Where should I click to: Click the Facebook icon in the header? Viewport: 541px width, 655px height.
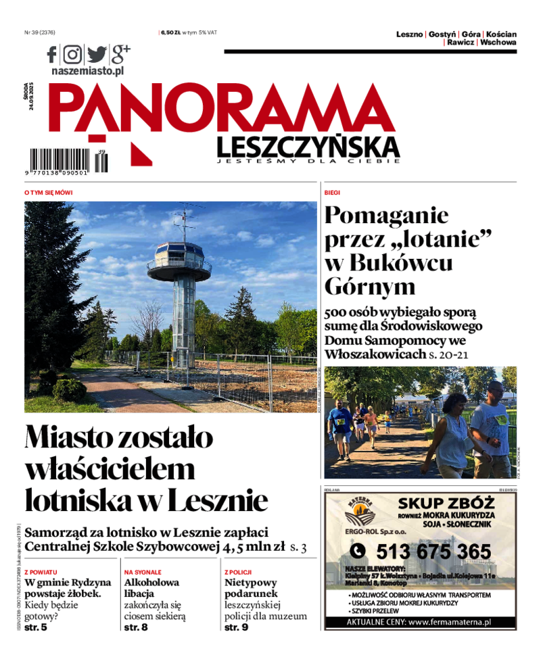[x=52, y=54]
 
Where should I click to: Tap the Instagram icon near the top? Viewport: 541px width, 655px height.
[x=72, y=54]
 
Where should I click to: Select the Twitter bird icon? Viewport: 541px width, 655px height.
[x=96, y=54]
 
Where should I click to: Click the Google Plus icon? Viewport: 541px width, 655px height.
[x=120, y=53]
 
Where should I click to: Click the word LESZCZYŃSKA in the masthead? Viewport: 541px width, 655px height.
[x=308, y=146]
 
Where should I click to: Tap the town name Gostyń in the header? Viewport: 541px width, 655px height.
[x=442, y=34]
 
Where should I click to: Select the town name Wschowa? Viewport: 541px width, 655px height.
[x=498, y=42]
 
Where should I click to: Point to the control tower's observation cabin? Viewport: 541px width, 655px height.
[x=179, y=257]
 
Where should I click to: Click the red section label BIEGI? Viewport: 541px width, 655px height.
[x=331, y=193]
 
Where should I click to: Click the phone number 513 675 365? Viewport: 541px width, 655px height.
[x=433, y=551]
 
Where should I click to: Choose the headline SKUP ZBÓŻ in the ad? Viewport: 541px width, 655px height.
[x=446, y=503]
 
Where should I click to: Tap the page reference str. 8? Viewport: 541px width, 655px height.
[x=135, y=627]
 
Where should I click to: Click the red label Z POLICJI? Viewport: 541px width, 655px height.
[x=238, y=572]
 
